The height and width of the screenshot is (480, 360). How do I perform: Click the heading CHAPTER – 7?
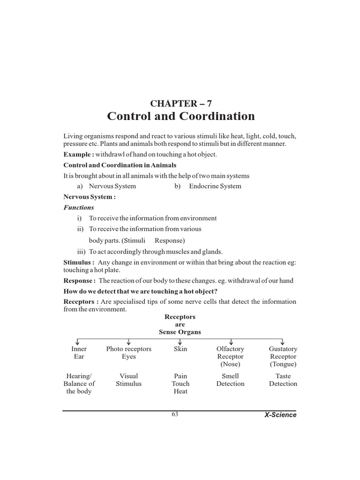(x=180, y=103)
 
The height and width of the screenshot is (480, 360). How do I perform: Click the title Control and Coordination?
(x=180, y=116)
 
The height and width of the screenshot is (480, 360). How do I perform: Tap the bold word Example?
(x=78, y=154)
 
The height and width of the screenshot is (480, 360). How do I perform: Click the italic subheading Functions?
(x=79, y=207)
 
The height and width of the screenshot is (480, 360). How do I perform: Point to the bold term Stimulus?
(x=79, y=262)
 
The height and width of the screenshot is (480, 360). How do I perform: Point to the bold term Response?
(x=80, y=280)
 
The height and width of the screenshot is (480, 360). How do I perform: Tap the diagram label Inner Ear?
(x=79, y=352)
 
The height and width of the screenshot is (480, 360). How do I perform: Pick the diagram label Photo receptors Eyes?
(x=128, y=352)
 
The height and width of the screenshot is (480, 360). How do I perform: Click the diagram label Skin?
(x=180, y=349)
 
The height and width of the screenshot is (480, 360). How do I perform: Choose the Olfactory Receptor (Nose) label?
(x=230, y=356)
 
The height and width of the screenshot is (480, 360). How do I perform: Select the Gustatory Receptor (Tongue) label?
(x=283, y=356)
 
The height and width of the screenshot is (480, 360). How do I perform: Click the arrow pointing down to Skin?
(x=180, y=341)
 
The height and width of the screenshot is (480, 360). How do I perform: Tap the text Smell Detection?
(x=230, y=380)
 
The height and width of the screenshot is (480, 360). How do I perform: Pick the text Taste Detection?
(x=283, y=380)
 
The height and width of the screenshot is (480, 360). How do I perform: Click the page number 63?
(x=175, y=414)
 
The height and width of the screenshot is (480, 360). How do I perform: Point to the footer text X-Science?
(x=280, y=415)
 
